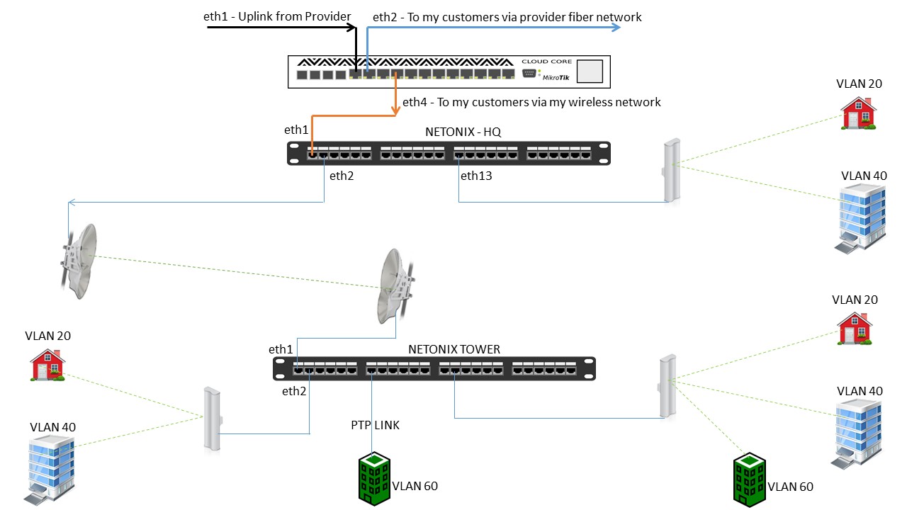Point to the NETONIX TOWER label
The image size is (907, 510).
(x=454, y=349)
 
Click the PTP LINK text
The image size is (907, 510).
(x=376, y=425)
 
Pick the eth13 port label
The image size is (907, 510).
(x=476, y=176)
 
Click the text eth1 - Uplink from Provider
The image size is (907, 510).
(x=277, y=16)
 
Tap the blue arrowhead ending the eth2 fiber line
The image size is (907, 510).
(x=616, y=28)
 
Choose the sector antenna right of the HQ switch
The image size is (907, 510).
(x=668, y=171)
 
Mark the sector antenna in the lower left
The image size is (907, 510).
(x=212, y=418)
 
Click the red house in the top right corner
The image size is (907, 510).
(x=858, y=113)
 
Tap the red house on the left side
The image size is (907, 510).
(x=47, y=365)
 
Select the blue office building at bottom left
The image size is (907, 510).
(x=52, y=468)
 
